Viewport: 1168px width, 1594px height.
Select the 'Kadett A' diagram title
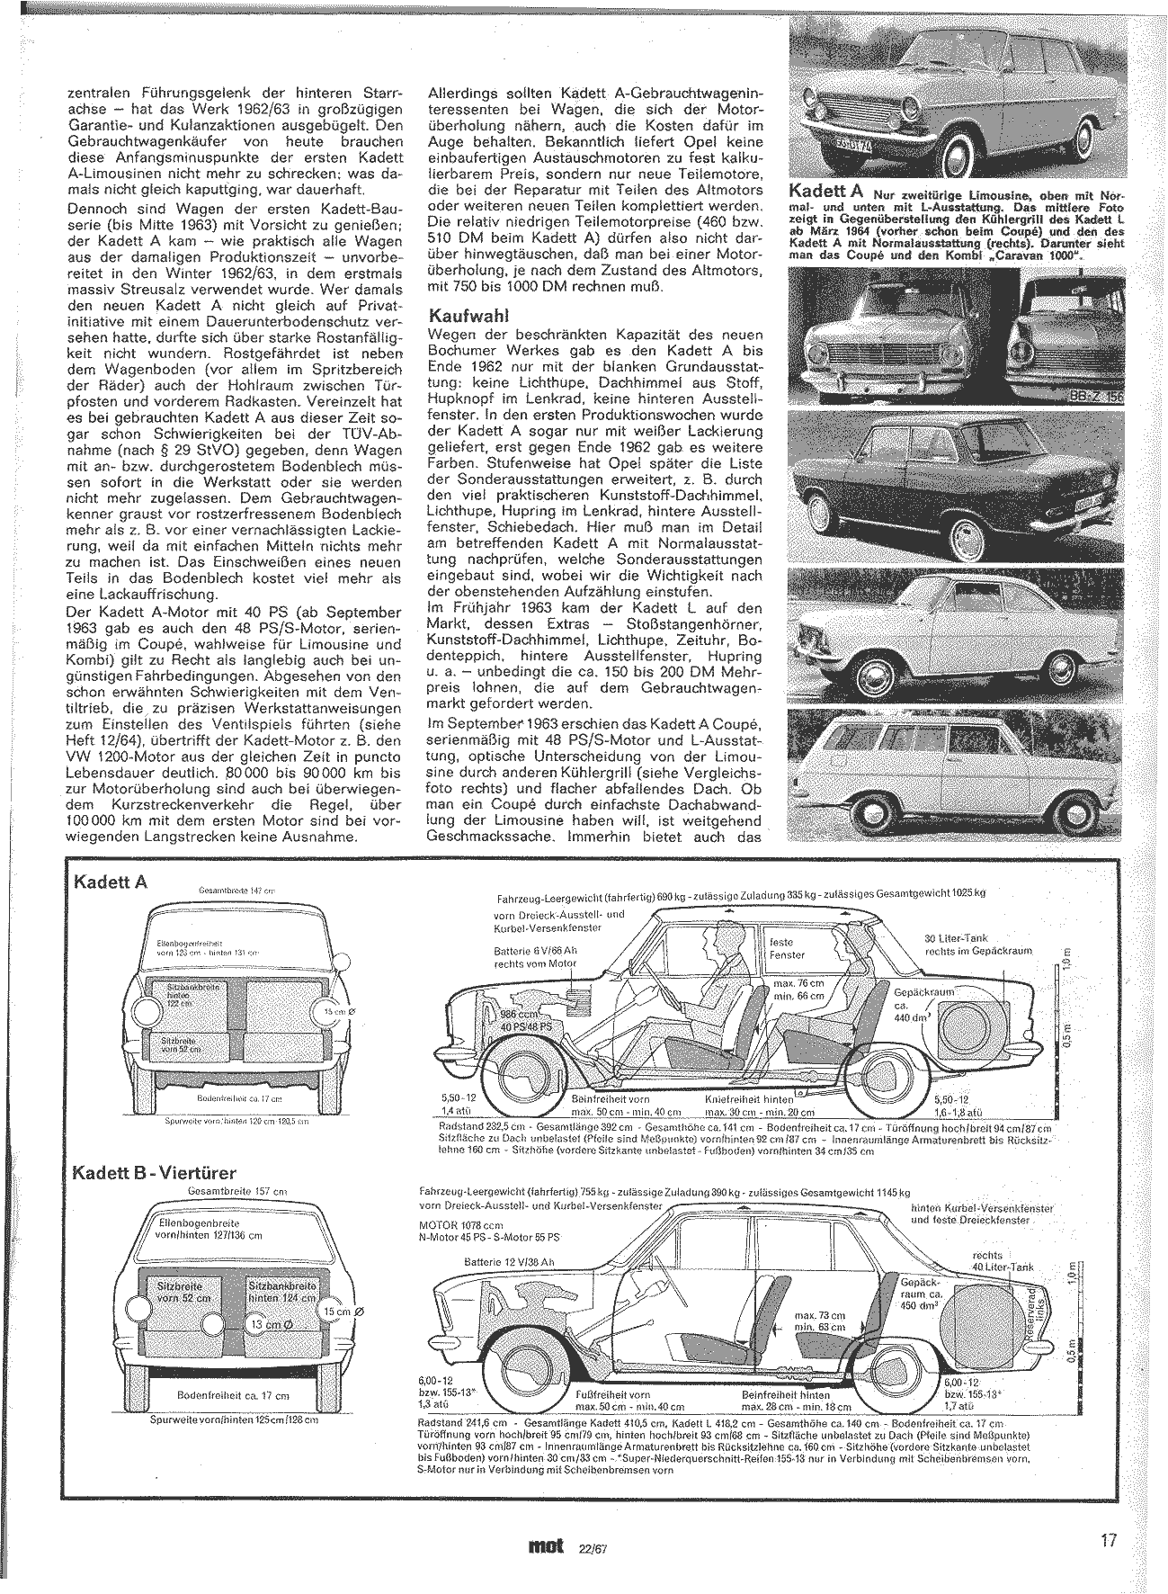point(111,882)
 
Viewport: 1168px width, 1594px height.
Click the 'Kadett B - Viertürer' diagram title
point(156,1173)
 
